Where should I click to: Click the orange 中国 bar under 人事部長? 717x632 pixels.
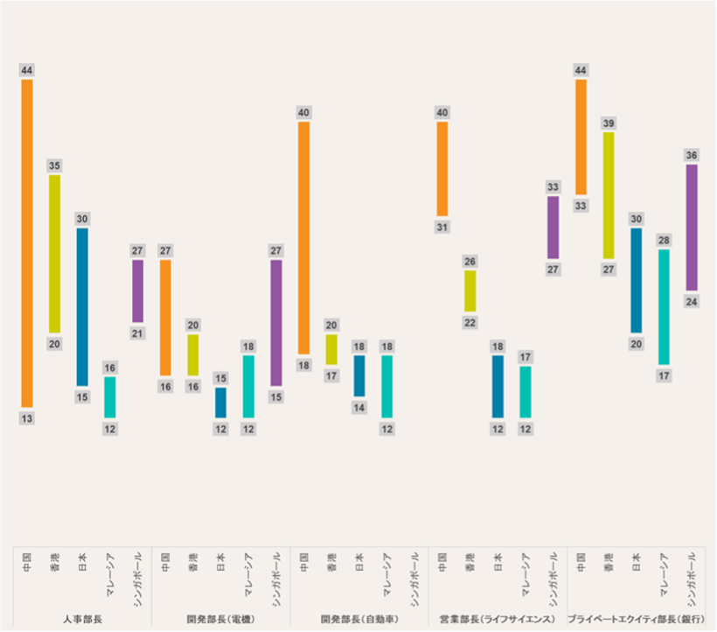pyautogui.click(x=27, y=243)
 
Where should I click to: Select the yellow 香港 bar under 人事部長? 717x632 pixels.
pyautogui.click(x=54, y=254)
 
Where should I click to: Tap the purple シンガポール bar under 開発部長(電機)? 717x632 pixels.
pyautogui.click(x=276, y=322)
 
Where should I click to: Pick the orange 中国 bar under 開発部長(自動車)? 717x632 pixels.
pyautogui.click(x=304, y=237)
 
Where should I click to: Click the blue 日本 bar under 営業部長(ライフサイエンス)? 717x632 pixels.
pyautogui.click(x=498, y=386)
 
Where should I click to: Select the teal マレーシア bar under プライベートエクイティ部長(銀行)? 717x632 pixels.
pyautogui.click(x=665, y=306)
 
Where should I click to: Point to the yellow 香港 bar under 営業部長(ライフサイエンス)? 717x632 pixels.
pyautogui.click(x=470, y=291)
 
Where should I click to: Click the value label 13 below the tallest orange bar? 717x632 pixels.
pyautogui.click(x=27, y=418)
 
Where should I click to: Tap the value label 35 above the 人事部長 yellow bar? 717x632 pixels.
pyautogui.click(x=54, y=165)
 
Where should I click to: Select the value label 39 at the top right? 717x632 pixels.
pyautogui.click(x=609, y=123)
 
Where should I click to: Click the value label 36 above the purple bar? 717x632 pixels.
pyautogui.click(x=692, y=155)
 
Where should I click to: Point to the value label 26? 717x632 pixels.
pyautogui.click(x=470, y=261)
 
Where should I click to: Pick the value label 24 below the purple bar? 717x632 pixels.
pyautogui.click(x=692, y=301)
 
